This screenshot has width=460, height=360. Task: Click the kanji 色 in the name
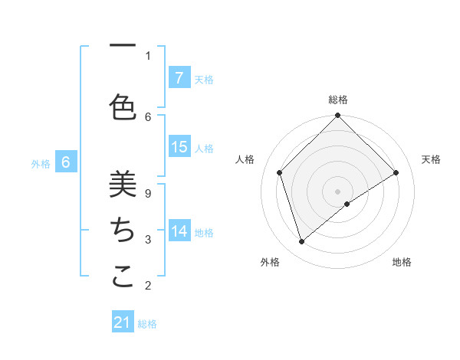[123, 107]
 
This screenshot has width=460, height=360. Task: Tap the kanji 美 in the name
[123, 184]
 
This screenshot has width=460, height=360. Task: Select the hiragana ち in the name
[123, 230]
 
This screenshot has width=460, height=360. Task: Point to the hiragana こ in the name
[123, 276]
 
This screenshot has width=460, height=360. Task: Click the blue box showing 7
[179, 77]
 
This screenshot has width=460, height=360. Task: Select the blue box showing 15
[179, 147]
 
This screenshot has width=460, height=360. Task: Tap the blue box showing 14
[179, 231]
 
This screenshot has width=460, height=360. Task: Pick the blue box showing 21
[123, 322]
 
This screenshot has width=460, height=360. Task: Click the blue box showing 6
[67, 162]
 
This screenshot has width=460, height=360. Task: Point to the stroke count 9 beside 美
[148, 194]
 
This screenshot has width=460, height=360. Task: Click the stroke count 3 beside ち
[148, 240]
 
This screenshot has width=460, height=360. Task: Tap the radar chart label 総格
[338, 100]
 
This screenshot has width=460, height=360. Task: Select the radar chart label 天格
[432, 159]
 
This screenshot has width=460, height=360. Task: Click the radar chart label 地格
[402, 262]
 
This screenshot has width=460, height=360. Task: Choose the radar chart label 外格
[270, 262]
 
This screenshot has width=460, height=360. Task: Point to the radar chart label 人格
[245, 159]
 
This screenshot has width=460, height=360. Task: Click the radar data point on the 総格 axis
[338, 116]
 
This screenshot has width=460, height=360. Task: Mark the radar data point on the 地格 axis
[347, 204]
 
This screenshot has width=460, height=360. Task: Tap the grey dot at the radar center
[338, 191]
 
